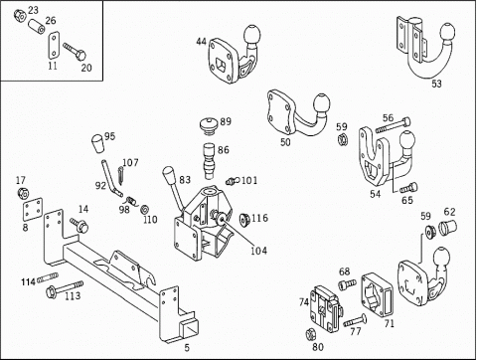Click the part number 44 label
(x=201, y=42)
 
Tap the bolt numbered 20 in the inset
(x=75, y=51)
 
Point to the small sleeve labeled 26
(x=37, y=27)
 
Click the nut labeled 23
(x=20, y=15)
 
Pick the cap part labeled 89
(x=209, y=125)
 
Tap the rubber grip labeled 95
(x=97, y=143)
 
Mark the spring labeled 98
(x=131, y=201)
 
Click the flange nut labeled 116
(x=244, y=220)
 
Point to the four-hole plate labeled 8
(x=33, y=209)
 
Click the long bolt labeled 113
(x=65, y=289)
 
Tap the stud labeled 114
(x=48, y=277)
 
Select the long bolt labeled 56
(x=393, y=126)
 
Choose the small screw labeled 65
(x=408, y=188)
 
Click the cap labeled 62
(x=448, y=226)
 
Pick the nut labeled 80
(x=310, y=333)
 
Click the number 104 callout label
(x=258, y=251)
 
